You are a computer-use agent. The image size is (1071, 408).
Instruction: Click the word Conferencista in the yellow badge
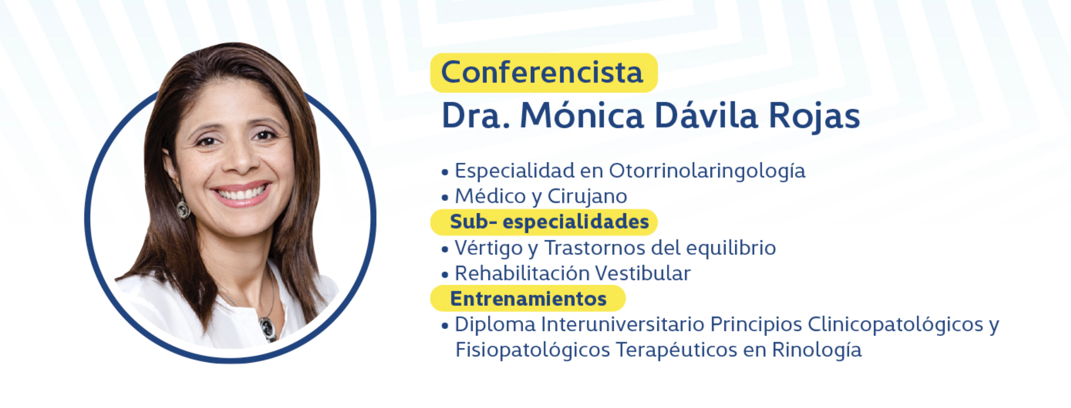coord(542,72)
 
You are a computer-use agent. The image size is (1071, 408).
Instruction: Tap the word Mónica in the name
coord(582,115)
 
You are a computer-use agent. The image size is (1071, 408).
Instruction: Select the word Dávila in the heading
coord(706,115)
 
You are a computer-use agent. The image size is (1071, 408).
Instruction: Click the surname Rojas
coord(814,116)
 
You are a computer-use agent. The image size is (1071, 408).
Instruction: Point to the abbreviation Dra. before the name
coord(476,116)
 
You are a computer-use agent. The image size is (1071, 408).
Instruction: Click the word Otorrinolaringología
coord(707,171)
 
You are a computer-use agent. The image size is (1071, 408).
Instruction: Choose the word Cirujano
coord(587,197)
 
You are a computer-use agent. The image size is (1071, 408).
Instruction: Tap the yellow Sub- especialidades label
coord(544,222)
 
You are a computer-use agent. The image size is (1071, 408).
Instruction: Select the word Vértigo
coord(488,248)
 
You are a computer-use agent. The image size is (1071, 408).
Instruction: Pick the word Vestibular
coord(643,274)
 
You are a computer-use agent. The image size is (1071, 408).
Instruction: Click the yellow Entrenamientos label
coord(528,298)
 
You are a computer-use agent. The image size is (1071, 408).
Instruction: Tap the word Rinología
coord(817,350)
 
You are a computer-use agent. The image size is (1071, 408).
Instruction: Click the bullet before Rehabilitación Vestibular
coord(445,275)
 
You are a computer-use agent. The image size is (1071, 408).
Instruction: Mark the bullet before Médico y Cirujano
coord(445,198)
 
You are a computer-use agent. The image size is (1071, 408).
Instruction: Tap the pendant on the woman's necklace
coord(268,328)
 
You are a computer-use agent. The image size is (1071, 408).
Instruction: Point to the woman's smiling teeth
coord(242,193)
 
